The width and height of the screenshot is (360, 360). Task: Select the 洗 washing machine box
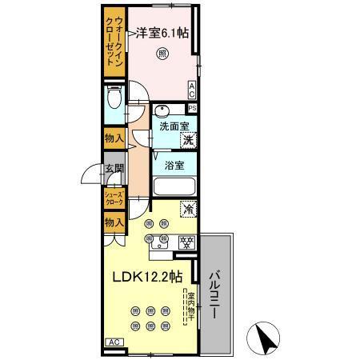tap(189, 141)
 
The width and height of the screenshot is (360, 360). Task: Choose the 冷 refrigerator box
tap(189, 210)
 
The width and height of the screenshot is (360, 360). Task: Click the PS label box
tap(192, 108)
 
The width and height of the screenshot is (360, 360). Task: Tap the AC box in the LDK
tap(113, 342)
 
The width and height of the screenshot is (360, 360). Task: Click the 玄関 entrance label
tap(114, 169)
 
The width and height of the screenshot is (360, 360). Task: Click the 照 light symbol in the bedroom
tap(163, 54)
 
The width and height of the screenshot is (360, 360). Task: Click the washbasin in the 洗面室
tap(162, 110)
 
